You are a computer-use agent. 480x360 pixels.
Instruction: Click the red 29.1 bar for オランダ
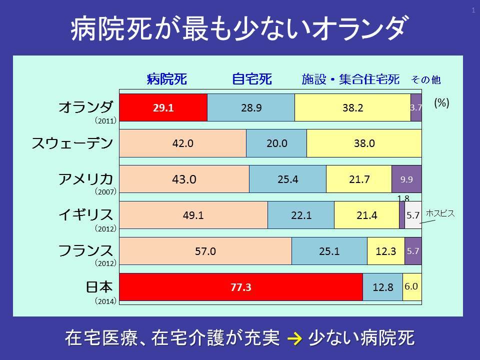(x=163, y=107)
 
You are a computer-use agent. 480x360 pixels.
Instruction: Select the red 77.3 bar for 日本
(x=240, y=287)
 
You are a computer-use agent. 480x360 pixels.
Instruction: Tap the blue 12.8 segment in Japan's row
(x=382, y=287)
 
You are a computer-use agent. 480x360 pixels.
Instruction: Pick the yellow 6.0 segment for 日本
(x=412, y=287)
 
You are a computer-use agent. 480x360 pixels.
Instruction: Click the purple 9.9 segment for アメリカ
(x=406, y=179)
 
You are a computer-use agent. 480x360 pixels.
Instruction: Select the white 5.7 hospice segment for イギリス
(x=413, y=215)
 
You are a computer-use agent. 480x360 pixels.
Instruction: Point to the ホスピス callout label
(x=440, y=213)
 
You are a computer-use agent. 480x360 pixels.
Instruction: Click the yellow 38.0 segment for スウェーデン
(x=364, y=143)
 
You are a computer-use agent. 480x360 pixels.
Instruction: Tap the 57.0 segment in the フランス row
(x=205, y=251)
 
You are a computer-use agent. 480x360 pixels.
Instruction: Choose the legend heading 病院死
(x=167, y=79)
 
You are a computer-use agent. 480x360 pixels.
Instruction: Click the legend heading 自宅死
(x=251, y=79)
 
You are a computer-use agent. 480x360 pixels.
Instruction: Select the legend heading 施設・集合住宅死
(x=350, y=79)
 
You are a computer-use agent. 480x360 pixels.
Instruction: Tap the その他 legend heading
(x=426, y=79)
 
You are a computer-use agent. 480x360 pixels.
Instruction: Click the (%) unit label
(x=441, y=102)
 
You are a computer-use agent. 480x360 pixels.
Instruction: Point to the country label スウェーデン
(x=72, y=143)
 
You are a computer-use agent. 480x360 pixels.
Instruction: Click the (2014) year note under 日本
(x=105, y=301)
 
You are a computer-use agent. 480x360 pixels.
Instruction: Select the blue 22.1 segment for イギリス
(x=301, y=215)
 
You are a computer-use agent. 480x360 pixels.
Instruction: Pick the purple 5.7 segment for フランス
(x=413, y=251)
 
